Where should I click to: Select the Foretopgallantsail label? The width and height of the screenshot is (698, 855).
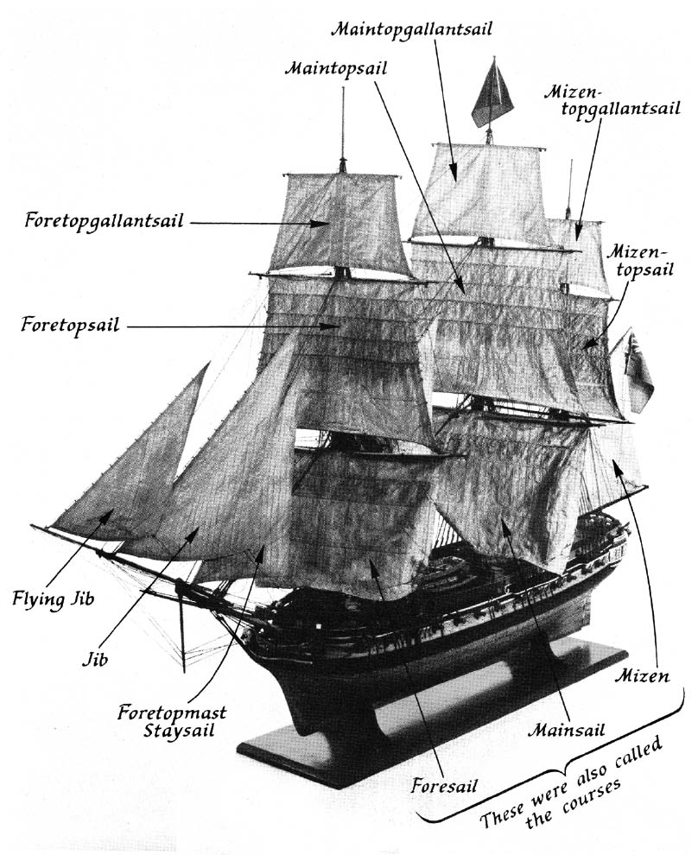(x=104, y=220)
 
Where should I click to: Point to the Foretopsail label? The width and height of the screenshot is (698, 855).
(x=70, y=326)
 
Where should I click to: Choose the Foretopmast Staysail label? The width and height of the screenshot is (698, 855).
(x=173, y=722)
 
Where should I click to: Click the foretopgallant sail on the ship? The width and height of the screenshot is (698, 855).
(x=339, y=223)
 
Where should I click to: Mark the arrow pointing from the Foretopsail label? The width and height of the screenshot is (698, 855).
(x=233, y=326)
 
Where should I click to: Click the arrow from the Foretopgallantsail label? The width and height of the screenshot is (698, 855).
(x=259, y=222)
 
